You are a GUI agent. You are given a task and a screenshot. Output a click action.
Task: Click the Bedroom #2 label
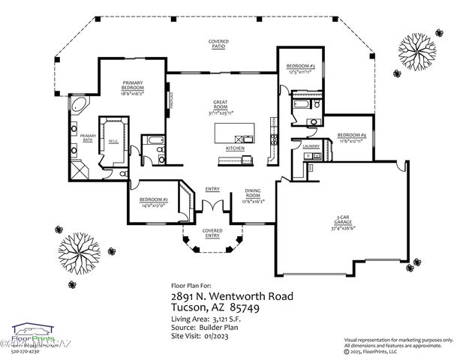tap(153, 201)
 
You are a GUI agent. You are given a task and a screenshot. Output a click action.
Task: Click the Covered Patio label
tap(219, 43)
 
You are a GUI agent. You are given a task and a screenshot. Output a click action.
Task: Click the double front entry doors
tap(212, 206)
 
